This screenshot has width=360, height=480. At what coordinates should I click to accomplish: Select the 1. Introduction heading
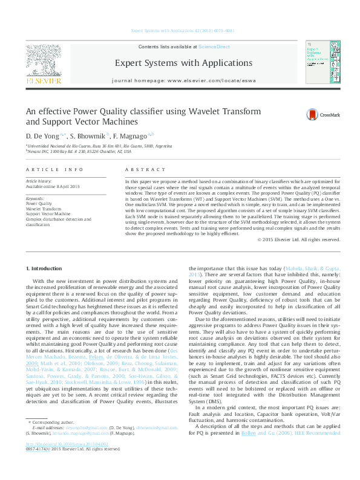point(45,268)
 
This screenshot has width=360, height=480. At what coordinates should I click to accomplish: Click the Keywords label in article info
point(36,198)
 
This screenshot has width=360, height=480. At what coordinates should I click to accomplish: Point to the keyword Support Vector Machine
point(48,213)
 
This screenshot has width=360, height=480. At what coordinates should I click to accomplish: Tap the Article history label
point(39,181)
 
